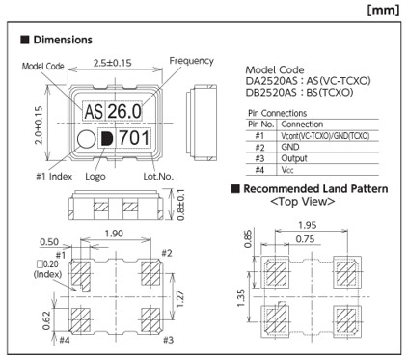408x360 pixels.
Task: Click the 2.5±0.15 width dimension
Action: (x=113, y=63)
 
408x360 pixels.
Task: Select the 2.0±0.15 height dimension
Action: (x=39, y=125)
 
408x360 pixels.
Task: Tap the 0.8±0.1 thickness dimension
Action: (x=181, y=205)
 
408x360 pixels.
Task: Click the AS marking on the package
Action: (x=94, y=111)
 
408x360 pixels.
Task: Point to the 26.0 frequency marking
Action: (x=124, y=111)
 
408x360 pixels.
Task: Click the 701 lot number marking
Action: (x=134, y=138)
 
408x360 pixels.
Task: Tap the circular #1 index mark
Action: (x=86, y=139)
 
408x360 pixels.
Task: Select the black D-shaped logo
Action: (x=107, y=139)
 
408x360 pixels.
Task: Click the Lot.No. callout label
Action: (x=158, y=176)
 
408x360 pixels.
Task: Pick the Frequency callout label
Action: (x=192, y=61)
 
